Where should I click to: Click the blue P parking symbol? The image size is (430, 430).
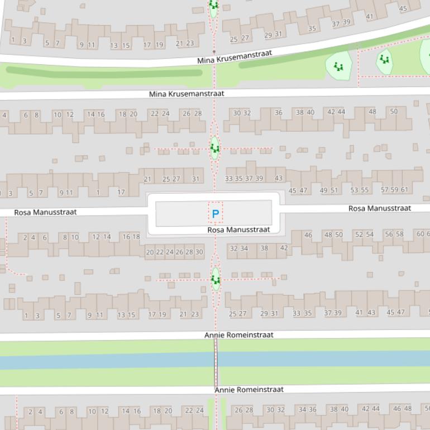(x=216, y=213)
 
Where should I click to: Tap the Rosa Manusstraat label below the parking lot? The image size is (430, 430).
(x=238, y=230)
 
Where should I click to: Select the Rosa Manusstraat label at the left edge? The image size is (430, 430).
(x=45, y=212)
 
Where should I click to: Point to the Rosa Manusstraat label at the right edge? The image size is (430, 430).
(x=380, y=208)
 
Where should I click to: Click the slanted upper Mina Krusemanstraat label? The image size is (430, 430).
(x=235, y=56)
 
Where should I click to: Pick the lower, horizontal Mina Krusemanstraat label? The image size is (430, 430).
(x=187, y=94)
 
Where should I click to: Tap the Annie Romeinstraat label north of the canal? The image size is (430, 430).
(x=239, y=335)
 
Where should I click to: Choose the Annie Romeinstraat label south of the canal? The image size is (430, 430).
(x=249, y=389)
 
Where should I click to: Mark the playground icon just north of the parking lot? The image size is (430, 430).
(x=215, y=148)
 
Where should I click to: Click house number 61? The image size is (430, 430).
(x=404, y=189)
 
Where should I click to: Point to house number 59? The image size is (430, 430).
(x=394, y=189)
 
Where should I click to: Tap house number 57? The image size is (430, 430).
(x=385, y=189)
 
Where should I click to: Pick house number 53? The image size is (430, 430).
(x=354, y=190)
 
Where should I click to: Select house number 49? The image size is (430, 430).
(x=323, y=190)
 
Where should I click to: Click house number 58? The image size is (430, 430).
(x=400, y=234)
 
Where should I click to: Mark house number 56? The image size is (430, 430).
(x=389, y=234)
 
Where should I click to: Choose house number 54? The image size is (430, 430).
(x=370, y=235)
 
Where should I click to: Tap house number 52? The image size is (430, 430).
(x=359, y=235)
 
